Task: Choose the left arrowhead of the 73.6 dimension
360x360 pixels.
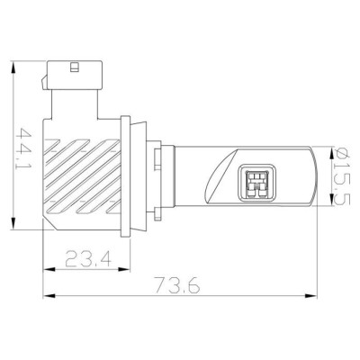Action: click(x=46, y=295)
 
